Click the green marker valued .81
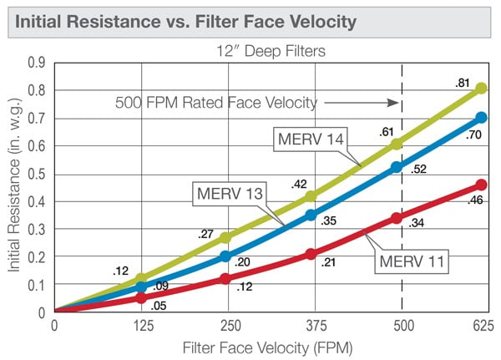point(481,88)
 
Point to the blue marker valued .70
point(481,118)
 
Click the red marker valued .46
point(481,185)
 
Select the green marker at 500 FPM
point(397,144)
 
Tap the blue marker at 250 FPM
point(225,256)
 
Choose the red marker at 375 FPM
point(311,254)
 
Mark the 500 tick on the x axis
point(403,326)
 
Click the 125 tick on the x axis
point(140,326)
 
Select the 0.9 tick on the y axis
point(36,62)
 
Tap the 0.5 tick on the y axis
point(36,173)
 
